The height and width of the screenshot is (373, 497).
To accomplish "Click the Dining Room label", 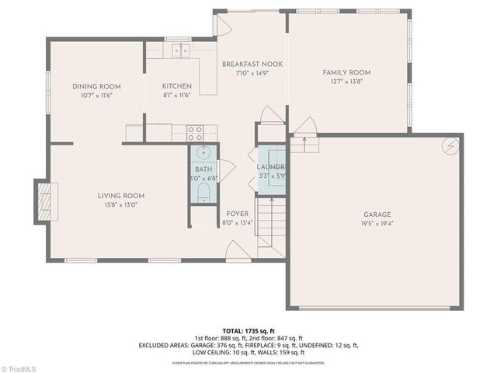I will (96, 86).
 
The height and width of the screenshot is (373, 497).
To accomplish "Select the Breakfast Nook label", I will (252, 64).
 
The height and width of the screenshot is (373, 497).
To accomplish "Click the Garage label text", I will (377, 214).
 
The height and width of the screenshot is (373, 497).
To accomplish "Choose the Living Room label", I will (120, 196).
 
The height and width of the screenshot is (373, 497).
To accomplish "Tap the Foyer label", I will (237, 213).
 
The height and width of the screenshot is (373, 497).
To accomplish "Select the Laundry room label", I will (272, 167).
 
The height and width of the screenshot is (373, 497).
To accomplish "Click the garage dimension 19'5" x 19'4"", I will (377, 224).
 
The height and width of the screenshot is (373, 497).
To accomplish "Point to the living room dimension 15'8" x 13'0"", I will (120, 205).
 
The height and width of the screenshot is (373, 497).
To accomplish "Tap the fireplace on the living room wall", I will (43, 201).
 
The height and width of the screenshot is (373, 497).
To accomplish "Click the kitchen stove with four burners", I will (194, 132).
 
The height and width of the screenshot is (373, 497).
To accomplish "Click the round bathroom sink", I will (203, 153).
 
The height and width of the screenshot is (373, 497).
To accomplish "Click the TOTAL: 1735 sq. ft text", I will (248, 331).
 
